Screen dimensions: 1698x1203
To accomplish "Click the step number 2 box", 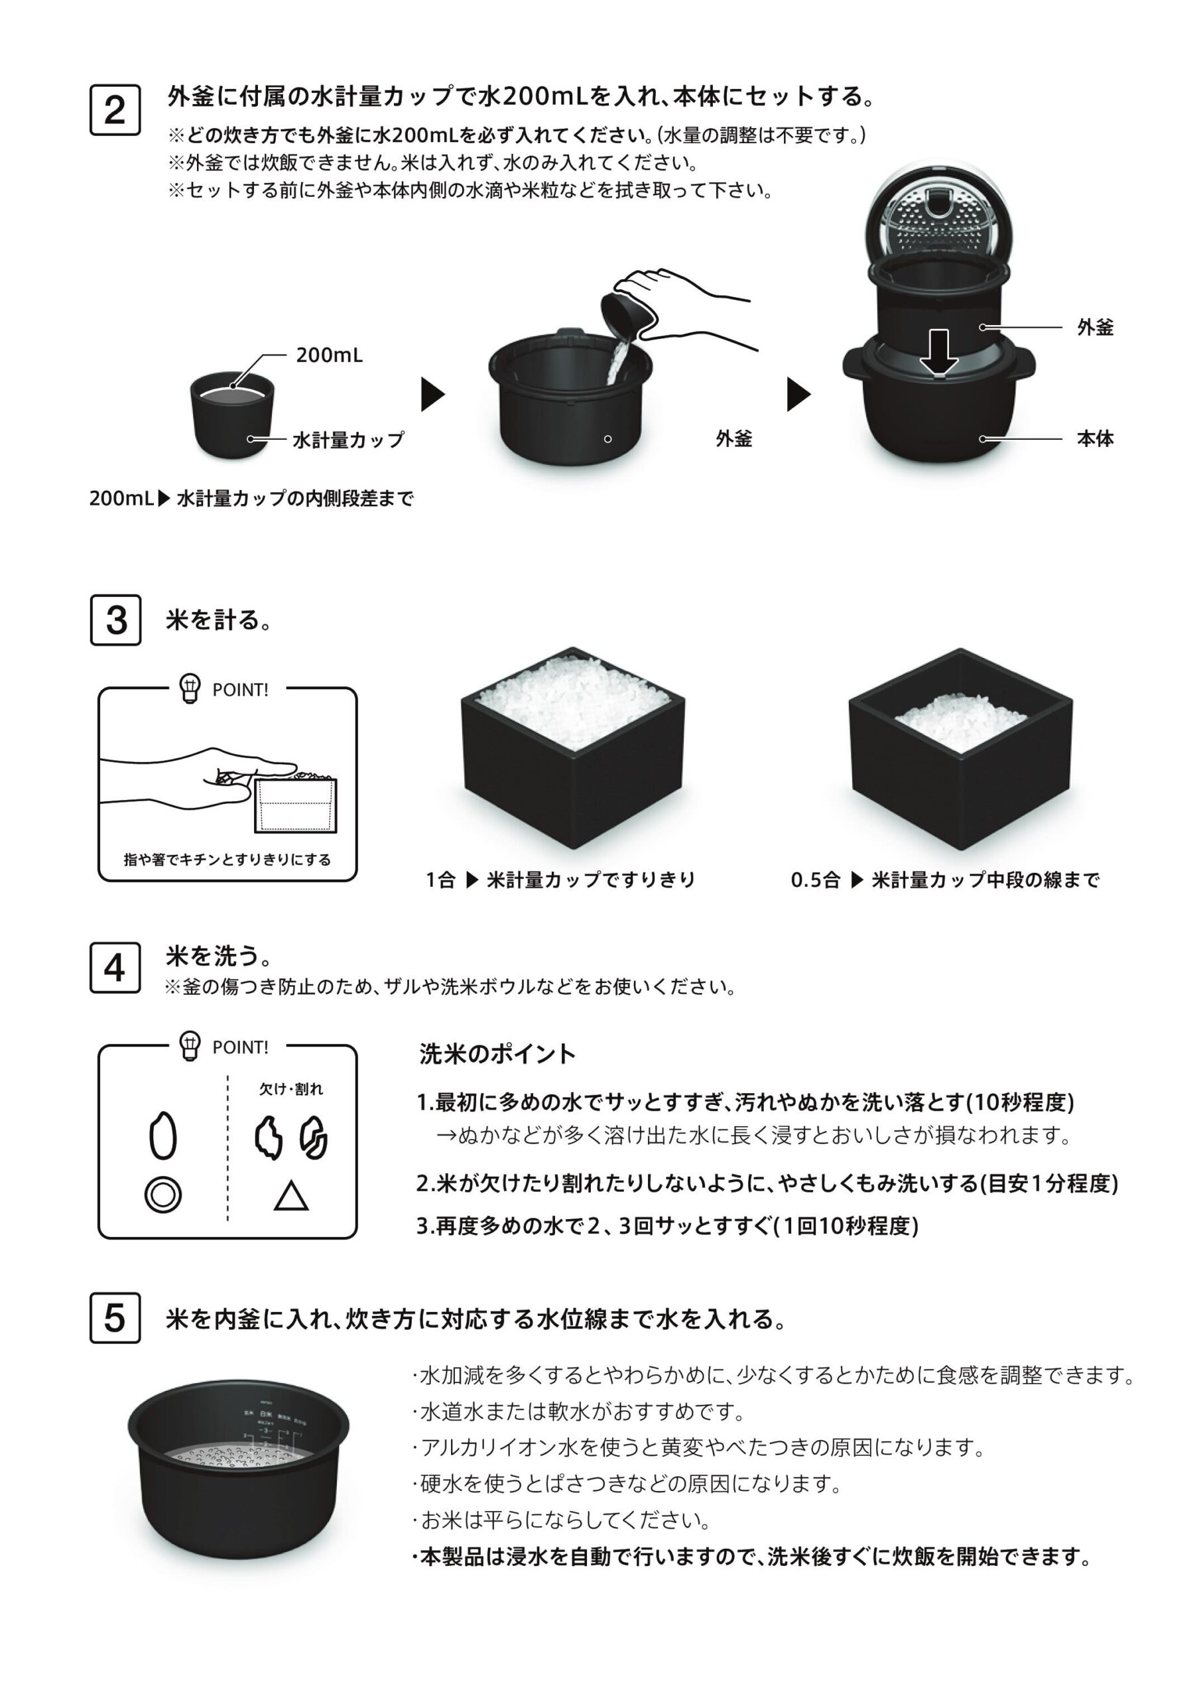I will pyautogui.click(x=115, y=110).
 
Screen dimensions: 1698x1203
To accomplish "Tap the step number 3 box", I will pyautogui.click(x=115, y=620).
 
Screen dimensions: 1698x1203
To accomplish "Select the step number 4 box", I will pyautogui.click(x=115, y=967).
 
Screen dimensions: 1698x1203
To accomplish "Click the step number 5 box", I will pyautogui.click(x=115, y=1317).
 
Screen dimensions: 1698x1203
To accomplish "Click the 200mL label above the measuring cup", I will pyautogui.click(x=329, y=355).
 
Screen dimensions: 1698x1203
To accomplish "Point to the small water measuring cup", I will pyautogui.click(x=232, y=415).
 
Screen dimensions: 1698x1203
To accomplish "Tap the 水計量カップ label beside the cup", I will pyautogui.click(x=348, y=439).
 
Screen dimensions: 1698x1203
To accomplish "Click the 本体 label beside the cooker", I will pyautogui.click(x=1094, y=438).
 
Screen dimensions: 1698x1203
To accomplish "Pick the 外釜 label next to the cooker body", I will pyautogui.click(x=1094, y=328).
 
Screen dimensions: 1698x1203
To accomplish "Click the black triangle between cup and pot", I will pyautogui.click(x=432, y=394).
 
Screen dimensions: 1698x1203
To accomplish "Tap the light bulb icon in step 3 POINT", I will pyautogui.click(x=190, y=688).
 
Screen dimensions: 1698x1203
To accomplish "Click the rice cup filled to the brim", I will pyautogui.click(x=572, y=748).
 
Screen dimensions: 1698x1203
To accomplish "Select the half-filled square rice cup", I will pyautogui.click(x=960, y=748).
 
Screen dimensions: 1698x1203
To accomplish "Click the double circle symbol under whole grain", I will pyautogui.click(x=163, y=1195).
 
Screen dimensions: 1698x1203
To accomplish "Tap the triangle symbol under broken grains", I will pyautogui.click(x=290, y=1196).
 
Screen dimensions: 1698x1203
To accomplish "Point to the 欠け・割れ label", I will pyautogui.click(x=290, y=1089).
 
